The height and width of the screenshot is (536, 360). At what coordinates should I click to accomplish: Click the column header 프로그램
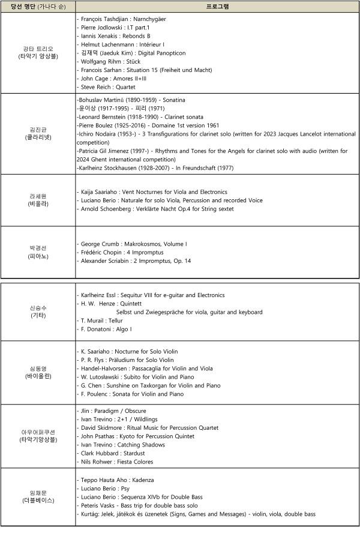click(217, 7)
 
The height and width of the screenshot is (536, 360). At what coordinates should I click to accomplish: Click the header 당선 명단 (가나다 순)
click(37, 7)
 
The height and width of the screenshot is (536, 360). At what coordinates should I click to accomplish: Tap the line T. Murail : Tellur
click(103, 321)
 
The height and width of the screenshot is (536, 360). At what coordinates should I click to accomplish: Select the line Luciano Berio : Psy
click(105, 489)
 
